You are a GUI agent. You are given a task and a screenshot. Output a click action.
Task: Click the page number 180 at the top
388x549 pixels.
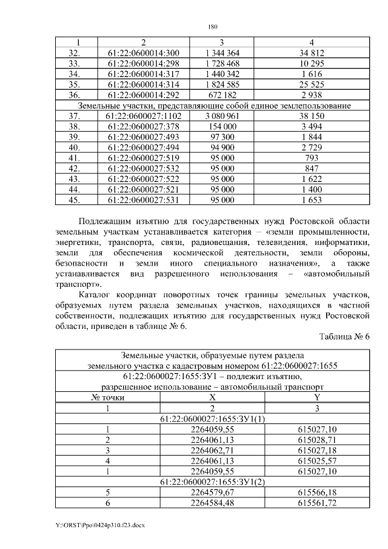[212, 27]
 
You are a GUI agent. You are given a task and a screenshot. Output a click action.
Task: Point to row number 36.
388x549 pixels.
[75, 95]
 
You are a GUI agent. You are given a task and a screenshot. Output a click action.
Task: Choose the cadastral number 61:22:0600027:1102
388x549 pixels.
[143, 116]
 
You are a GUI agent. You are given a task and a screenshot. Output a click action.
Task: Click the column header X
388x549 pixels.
[212, 397]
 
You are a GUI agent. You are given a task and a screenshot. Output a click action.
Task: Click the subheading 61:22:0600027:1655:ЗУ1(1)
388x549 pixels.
[212, 419]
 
